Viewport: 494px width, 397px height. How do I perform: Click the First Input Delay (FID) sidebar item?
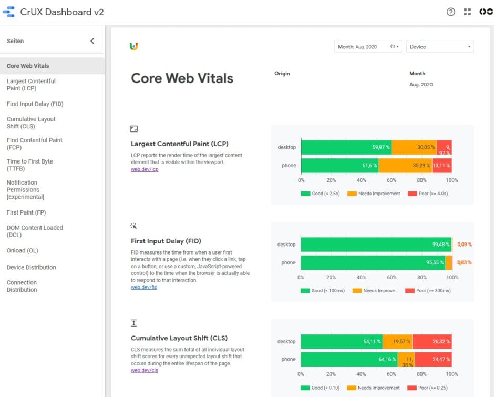pos(35,104)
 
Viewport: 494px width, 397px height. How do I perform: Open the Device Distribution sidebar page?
pos(31,267)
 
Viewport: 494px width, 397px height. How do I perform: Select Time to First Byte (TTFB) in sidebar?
pos(30,165)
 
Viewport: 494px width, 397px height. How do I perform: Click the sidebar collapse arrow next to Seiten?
pos(92,41)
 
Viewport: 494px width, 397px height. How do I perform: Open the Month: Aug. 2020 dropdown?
pos(368,47)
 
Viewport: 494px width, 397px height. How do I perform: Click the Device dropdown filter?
pos(439,47)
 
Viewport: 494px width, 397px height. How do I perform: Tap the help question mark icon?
pos(450,12)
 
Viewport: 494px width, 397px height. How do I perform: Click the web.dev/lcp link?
pos(145,169)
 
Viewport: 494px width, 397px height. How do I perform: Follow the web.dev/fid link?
pos(144,287)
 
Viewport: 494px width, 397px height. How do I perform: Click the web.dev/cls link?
pos(145,370)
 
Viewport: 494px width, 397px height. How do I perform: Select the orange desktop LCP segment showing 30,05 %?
pos(414,147)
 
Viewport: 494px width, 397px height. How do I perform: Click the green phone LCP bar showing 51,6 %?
pos(339,166)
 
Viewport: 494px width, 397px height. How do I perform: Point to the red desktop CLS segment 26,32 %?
pos(432,342)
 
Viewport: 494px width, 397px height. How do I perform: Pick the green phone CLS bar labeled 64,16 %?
pos(349,360)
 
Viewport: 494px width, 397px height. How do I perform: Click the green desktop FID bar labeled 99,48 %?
pos(376,245)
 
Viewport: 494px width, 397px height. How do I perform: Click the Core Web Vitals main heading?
pos(182,78)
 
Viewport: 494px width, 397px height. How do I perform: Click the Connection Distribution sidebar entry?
pos(22,286)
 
